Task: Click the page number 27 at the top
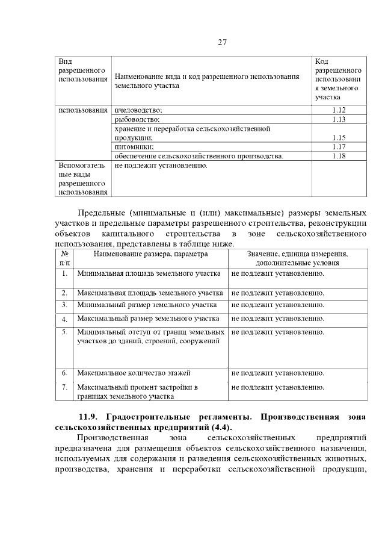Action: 221,42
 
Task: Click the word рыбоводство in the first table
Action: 137,120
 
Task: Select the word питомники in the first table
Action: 134,147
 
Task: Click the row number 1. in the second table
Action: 64,273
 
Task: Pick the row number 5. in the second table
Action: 64,332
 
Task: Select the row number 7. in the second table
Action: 64,387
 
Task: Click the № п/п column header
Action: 64,258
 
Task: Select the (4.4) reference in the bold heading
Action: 220,428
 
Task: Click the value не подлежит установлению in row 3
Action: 277,305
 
